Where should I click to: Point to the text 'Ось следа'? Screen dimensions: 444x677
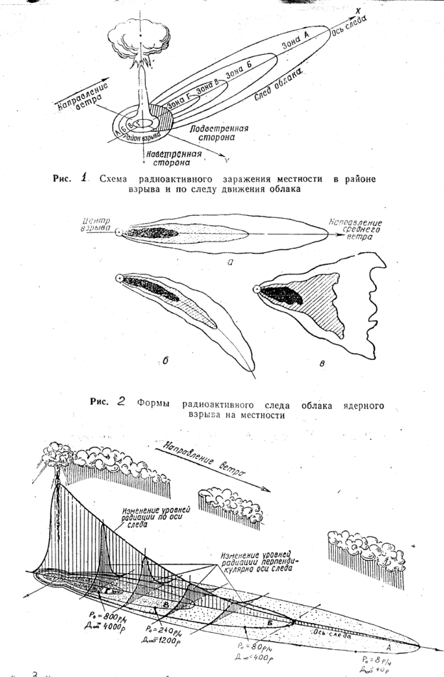click(349, 25)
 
